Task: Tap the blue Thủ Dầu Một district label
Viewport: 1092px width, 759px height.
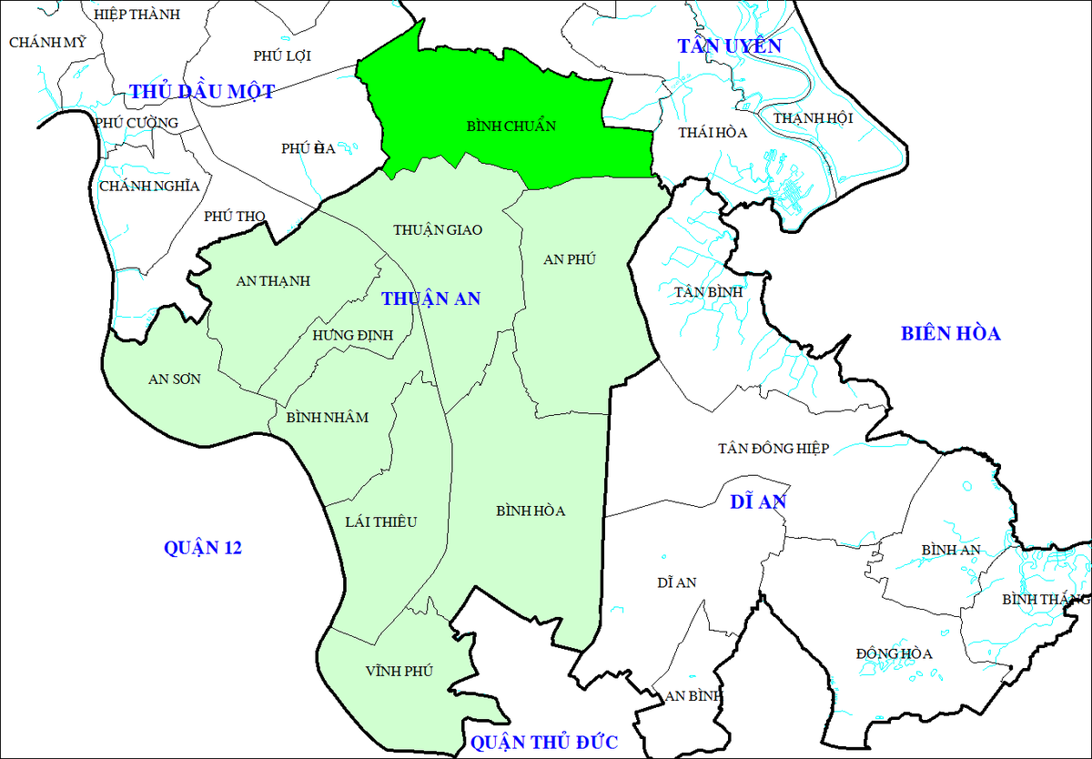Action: (x=202, y=91)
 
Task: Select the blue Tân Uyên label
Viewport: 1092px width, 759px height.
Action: (x=729, y=46)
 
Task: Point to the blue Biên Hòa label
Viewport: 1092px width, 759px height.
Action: (x=951, y=333)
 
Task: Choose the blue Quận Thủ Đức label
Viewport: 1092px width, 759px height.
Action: (x=544, y=742)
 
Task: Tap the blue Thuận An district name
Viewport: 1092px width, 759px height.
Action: (x=430, y=299)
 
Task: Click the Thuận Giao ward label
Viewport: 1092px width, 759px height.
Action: (x=438, y=230)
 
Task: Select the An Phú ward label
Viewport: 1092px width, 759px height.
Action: (x=569, y=259)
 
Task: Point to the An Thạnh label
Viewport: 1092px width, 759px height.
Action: (x=273, y=281)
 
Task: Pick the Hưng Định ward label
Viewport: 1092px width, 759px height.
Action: (x=352, y=335)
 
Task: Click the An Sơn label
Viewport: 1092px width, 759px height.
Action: (x=175, y=379)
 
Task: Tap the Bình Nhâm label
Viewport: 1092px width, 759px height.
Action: (x=327, y=418)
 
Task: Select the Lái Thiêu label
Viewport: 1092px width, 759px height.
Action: (x=380, y=521)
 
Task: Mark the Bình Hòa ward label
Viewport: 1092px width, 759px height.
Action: (x=531, y=511)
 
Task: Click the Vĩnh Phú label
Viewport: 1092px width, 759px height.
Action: (x=399, y=671)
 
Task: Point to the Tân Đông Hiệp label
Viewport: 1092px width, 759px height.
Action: (x=773, y=448)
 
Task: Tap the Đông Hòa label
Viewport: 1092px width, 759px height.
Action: (x=895, y=653)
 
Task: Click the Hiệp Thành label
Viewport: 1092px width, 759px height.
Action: (x=137, y=14)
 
